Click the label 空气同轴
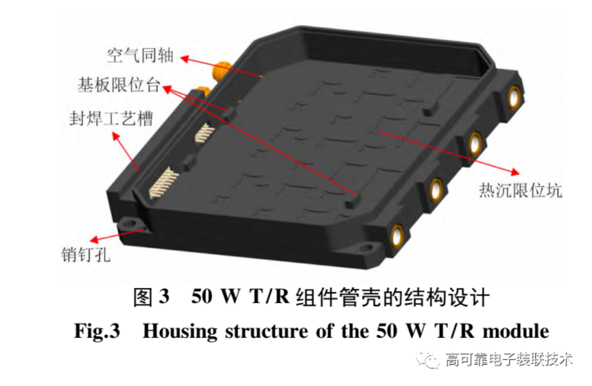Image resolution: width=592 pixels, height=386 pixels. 140,55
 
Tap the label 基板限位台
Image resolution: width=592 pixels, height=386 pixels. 119,84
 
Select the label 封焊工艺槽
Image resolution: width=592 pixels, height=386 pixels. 112,118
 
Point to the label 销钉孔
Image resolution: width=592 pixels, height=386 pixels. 86,255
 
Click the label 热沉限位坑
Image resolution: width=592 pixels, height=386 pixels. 520,190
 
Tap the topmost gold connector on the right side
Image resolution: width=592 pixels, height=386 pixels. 514,97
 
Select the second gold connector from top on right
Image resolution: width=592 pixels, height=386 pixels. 475,144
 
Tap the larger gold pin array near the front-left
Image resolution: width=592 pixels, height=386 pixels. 164,183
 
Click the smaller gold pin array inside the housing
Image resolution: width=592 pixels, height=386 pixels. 204,133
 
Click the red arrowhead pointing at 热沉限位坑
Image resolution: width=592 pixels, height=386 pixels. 515,172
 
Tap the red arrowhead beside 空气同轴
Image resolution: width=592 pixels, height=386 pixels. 184,59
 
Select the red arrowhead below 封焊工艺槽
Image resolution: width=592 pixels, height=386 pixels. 116,136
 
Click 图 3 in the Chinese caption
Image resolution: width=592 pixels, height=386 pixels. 151,297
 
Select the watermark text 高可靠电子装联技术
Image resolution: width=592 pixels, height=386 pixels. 509,359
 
